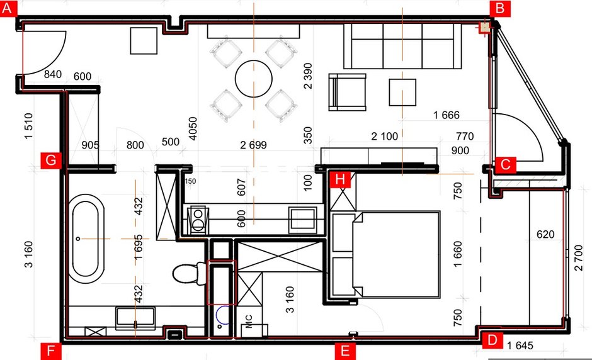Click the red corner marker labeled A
click(x=8, y=8)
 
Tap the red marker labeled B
click(x=500, y=8)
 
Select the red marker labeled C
click(x=505, y=165)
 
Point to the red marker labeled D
click(x=492, y=340)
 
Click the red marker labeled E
click(x=344, y=351)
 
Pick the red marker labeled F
click(x=50, y=351)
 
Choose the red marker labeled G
click(x=50, y=160)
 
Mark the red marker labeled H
click(x=340, y=179)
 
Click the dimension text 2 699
click(x=253, y=145)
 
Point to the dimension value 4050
click(x=193, y=128)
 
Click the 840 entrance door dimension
click(x=53, y=74)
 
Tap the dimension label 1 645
click(x=520, y=346)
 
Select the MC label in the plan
click(x=249, y=322)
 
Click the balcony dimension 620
click(x=545, y=234)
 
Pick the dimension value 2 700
click(x=578, y=258)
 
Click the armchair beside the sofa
click(x=348, y=92)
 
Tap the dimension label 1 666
click(x=447, y=115)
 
